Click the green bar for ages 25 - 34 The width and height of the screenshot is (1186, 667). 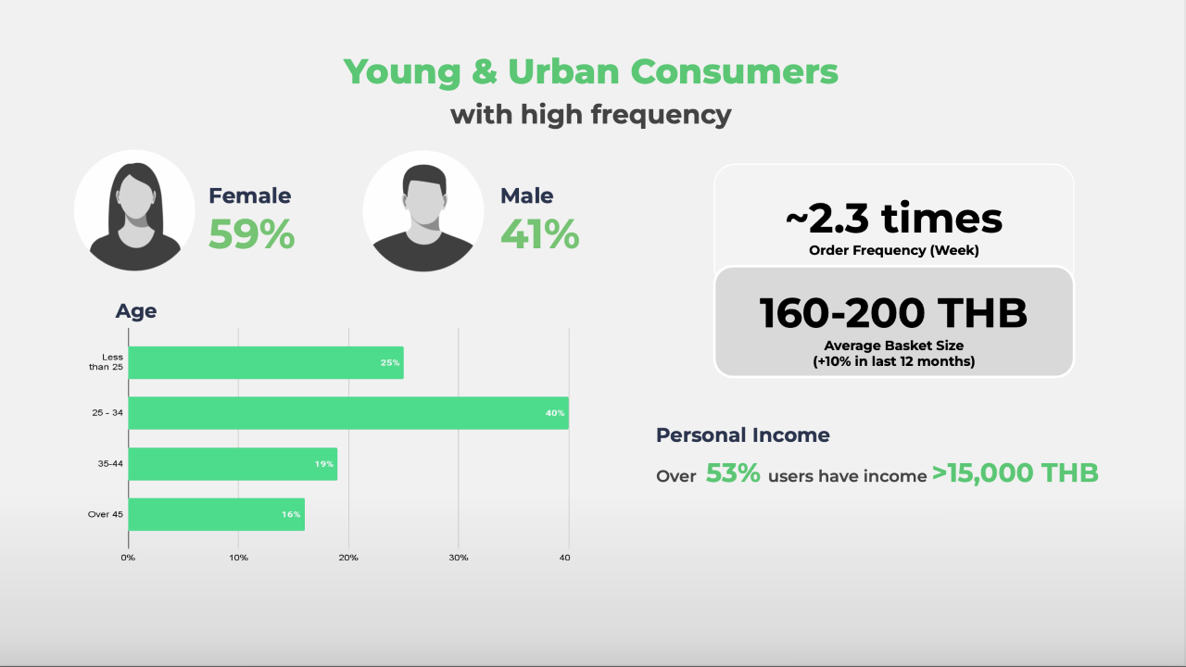pos(348,413)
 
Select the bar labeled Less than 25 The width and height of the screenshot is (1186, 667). pos(266,362)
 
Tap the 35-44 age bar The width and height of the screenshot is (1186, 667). pos(233,464)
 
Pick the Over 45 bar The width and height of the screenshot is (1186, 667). pos(217,514)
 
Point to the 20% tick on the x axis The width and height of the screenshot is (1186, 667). pos(348,558)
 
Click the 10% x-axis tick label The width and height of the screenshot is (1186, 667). pos(238,558)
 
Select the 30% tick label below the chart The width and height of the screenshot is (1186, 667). pos(459,558)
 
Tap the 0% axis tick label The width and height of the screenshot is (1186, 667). pos(128,558)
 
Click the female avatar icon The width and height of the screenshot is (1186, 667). pos(135,210)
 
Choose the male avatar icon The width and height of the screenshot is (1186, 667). pos(423,211)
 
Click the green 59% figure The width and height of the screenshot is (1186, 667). pos(251,234)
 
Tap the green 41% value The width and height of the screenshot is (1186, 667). pos(540,234)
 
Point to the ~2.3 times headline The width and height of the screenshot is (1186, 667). pos(894,218)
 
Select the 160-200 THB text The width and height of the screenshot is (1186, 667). pos(894,313)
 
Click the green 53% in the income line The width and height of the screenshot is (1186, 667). pos(733,472)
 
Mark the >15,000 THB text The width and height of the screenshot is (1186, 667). pos(1016,472)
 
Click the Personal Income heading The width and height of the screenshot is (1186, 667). pos(743,435)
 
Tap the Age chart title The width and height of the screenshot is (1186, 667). pos(136,311)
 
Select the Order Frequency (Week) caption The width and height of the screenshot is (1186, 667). pos(894,250)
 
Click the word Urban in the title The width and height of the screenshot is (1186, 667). pos(563,71)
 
